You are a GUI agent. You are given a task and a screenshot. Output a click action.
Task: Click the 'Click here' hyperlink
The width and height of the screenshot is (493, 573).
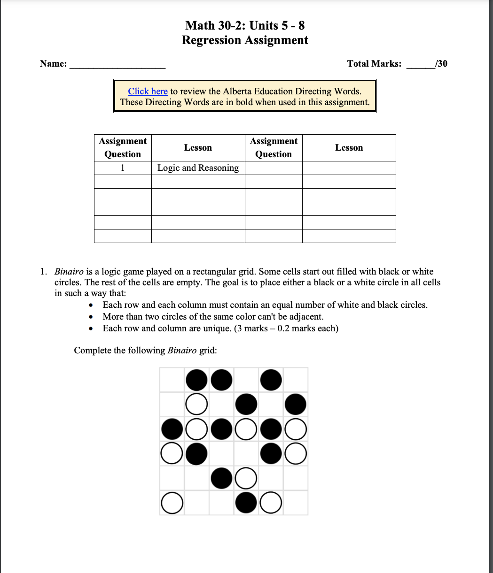click(x=148, y=91)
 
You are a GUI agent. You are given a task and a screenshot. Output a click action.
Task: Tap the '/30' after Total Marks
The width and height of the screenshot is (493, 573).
click(x=441, y=63)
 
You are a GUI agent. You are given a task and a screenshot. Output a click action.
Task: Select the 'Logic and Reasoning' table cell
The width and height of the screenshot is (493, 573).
click(x=198, y=168)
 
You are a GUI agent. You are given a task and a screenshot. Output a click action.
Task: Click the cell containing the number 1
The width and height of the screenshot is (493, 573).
click(x=123, y=168)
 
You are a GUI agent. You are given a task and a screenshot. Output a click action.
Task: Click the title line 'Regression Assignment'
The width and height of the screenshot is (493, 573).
click(x=245, y=40)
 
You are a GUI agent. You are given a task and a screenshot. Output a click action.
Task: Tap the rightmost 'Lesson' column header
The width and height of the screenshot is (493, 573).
click(x=349, y=148)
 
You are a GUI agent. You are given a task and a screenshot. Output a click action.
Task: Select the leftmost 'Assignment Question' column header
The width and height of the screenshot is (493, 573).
click(x=123, y=148)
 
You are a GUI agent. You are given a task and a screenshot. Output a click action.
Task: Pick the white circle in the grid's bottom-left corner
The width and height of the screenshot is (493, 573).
click(x=172, y=503)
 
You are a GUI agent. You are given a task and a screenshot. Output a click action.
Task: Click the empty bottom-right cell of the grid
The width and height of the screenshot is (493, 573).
click(x=296, y=503)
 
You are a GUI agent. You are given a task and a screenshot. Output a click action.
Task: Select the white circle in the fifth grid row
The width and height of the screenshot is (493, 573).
click(x=246, y=478)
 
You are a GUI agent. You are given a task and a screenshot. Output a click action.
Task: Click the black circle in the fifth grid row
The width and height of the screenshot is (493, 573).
click(x=222, y=478)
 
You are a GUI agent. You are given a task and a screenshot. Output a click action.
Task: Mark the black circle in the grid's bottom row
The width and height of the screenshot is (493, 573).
click(x=246, y=503)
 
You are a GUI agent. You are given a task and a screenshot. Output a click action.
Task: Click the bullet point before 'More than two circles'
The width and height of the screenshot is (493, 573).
click(x=92, y=317)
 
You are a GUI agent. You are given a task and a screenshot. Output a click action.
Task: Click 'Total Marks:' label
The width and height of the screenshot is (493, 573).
click(x=374, y=63)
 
